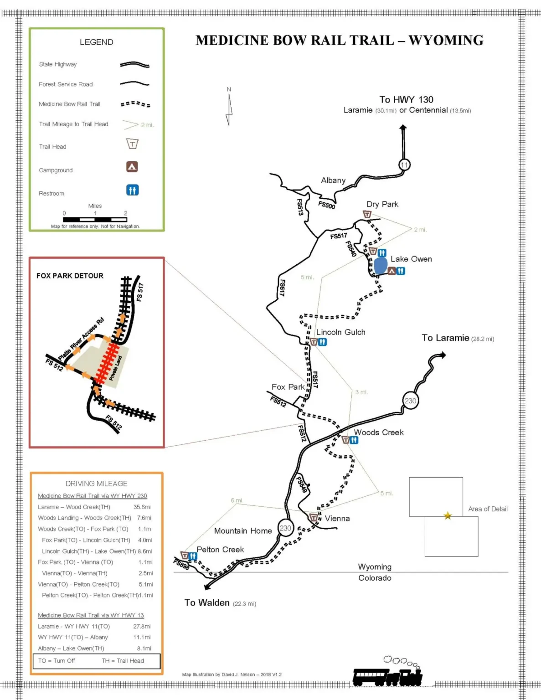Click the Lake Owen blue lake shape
(381, 265)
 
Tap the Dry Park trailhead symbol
(367, 214)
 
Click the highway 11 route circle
(404, 165)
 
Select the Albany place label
(333, 180)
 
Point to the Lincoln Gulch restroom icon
(322, 342)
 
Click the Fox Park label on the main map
(288, 387)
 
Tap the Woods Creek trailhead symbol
(346, 440)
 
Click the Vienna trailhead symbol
(314, 518)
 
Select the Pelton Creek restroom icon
(193, 556)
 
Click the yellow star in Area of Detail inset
(448, 516)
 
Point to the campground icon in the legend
(132, 167)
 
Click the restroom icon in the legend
(132, 190)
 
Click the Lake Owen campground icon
(392, 271)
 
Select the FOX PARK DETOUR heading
(70, 276)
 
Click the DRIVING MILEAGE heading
(96, 484)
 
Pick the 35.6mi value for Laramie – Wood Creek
(142, 507)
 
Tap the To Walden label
(207, 602)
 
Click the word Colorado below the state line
(375, 578)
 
